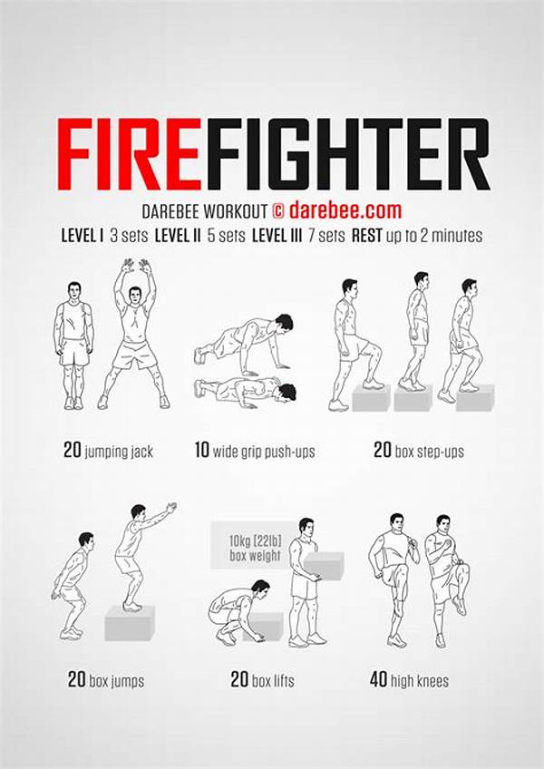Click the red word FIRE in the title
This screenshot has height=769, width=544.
(129, 154)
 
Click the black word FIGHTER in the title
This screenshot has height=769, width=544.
(347, 154)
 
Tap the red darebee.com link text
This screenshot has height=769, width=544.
(345, 210)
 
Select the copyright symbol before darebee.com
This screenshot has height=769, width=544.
(277, 211)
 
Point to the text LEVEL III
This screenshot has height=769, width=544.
(277, 236)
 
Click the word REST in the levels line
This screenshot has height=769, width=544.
(367, 236)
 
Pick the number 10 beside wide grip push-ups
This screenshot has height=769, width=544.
(201, 450)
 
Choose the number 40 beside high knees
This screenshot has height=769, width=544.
(378, 680)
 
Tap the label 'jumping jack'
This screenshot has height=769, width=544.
(119, 452)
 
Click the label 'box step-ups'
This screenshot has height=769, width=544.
(429, 452)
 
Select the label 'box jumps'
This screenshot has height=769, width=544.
(117, 682)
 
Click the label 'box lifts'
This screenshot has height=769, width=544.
(273, 681)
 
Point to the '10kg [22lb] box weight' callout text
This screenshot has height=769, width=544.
(255, 548)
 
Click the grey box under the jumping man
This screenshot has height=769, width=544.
(130, 623)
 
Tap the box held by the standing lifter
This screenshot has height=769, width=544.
(324, 566)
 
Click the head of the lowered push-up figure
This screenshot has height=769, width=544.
(287, 393)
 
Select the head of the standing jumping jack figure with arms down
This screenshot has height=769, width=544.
(74, 291)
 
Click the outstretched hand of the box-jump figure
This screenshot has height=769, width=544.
(171, 508)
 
